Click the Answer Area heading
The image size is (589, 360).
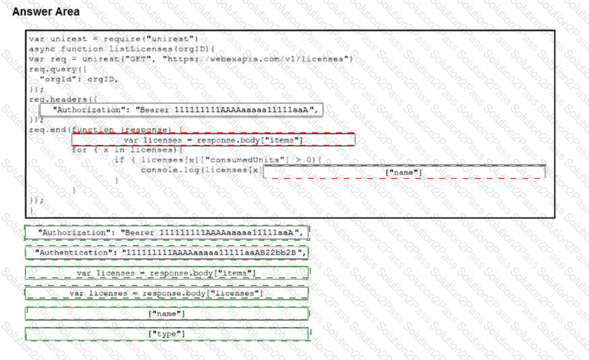[x=46, y=11]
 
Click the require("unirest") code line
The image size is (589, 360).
[x=113, y=39]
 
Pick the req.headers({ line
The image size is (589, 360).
[x=63, y=99]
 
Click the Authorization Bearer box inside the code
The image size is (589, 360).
[x=182, y=110]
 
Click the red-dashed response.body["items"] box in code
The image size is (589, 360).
[x=213, y=140]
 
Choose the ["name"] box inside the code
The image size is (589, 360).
[x=404, y=172]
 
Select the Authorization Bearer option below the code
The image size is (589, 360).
[x=167, y=232]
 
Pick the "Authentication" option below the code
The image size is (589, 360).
[x=167, y=253]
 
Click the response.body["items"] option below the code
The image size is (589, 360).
[x=167, y=273]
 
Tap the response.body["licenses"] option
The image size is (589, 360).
[x=167, y=293]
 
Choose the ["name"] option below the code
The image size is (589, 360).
[x=167, y=314]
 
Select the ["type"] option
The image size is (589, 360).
[x=167, y=334]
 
